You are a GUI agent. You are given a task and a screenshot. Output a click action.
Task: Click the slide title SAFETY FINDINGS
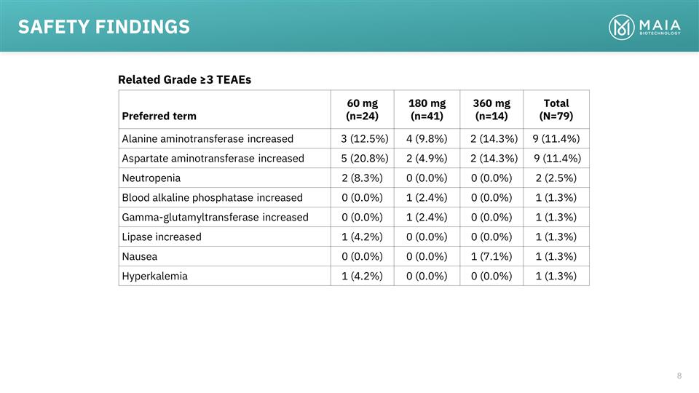[104, 27]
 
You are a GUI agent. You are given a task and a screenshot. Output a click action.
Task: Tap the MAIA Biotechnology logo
[644, 28]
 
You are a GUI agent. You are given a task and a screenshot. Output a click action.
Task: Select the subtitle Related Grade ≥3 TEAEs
[184, 79]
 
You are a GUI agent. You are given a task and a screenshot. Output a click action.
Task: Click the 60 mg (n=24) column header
[362, 109]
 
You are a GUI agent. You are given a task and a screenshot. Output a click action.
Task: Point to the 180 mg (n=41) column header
[427, 109]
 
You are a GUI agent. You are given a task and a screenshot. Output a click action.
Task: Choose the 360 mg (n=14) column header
[491, 109]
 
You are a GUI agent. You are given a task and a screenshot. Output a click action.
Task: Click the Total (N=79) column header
[556, 109]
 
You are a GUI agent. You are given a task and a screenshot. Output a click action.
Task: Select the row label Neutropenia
[151, 178]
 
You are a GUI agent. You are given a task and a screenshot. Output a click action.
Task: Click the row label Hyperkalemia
[154, 276]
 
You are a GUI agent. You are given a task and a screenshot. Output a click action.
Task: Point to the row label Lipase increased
[162, 237]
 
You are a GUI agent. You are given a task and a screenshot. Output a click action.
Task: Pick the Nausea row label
[140, 256]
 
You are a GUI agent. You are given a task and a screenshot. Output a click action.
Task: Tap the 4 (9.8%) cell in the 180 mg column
[427, 138]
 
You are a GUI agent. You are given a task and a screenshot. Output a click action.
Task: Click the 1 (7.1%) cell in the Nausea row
[491, 256]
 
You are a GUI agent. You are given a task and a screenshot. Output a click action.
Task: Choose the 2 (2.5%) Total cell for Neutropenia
[556, 178]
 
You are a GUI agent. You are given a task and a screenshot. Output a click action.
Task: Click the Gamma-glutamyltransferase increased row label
[215, 217]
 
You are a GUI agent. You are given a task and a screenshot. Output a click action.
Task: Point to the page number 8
[679, 376]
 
